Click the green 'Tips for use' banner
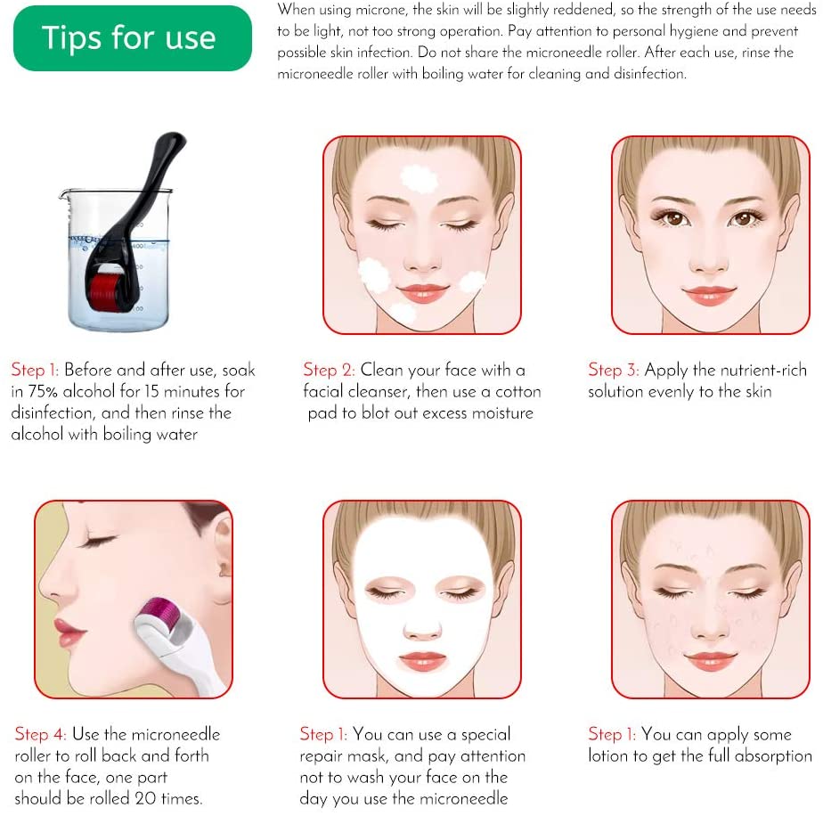pyautogui.click(x=132, y=38)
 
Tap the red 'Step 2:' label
pyautogui.click(x=329, y=370)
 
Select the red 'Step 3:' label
pyautogui.click(x=614, y=370)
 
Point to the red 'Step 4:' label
pyautogui.click(x=41, y=734)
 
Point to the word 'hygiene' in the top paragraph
pyautogui.click(x=678, y=31)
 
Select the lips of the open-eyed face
pyautogui.click(x=710, y=293)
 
